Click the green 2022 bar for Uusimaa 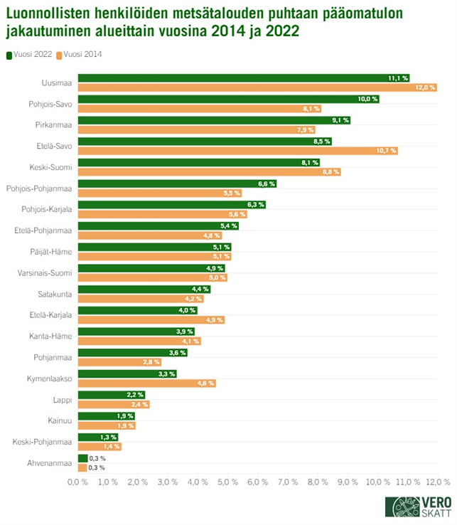pyautogui.click(x=242, y=78)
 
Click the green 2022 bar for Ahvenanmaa pyautogui.click(x=82, y=458)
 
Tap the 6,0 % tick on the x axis pyautogui.click(x=258, y=482)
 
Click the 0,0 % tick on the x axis pyautogui.click(x=77, y=482)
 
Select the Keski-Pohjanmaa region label pyautogui.click(x=42, y=442)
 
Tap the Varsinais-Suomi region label pyautogui.click(x=44, y=273)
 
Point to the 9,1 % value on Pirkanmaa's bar pyautogui.click(x=340, y=120)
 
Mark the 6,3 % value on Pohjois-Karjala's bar pyautogui.click(x=255, y=205)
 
